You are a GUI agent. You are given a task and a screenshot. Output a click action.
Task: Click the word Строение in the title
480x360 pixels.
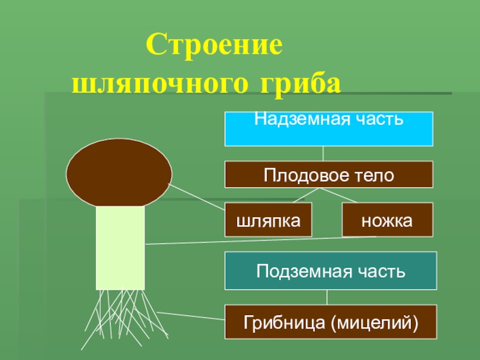(214, 47)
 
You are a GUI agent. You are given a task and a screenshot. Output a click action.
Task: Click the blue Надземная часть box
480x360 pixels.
(329, 128)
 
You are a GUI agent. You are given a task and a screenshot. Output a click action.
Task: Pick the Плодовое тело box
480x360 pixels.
(329, 175)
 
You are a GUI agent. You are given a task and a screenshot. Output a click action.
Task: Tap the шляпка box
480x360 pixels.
(269, 220)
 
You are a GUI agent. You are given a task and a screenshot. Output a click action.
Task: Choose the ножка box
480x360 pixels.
(387, 220)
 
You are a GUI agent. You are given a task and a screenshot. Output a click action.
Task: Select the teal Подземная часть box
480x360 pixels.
(331, 271)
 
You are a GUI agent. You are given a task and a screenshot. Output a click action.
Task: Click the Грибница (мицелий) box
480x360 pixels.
(331, 321)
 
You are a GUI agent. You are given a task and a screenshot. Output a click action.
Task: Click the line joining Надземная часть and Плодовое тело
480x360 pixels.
(323, 154)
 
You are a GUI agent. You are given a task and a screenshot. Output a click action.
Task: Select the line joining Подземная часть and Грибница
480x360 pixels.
(327, 297)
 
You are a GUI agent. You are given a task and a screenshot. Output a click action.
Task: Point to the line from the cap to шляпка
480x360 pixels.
(198, 197)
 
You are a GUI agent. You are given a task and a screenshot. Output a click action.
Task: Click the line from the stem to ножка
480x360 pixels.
(258, 241)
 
